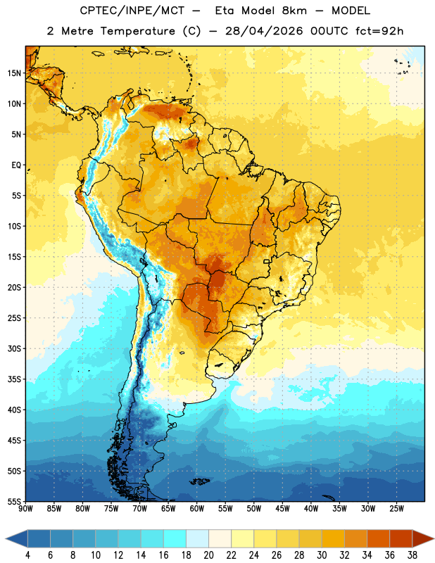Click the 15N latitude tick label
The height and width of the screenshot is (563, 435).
tap(14, 73)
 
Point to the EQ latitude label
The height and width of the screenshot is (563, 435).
tap(16, 165)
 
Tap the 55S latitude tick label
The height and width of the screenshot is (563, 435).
tap(14, 501)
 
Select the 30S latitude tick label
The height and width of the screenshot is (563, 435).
tap(14, 348)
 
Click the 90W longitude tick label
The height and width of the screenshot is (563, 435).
tap(25, 509)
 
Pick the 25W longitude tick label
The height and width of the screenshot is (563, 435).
tap(396, 509)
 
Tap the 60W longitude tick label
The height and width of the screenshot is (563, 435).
tap(197, 509)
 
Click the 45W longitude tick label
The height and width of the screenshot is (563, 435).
tap(282, 509)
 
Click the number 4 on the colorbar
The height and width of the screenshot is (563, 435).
tap(27, 555)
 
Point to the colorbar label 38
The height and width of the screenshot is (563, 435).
tap(412, 555)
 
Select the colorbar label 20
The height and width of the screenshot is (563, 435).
tap(208, 555)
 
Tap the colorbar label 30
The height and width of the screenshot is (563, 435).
tap(322, 555)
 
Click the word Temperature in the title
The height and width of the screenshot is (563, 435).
tap(137, 31)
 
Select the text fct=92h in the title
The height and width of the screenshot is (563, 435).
tap(379, 31)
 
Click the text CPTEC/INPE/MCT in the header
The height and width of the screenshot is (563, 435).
tap(132, 11)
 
